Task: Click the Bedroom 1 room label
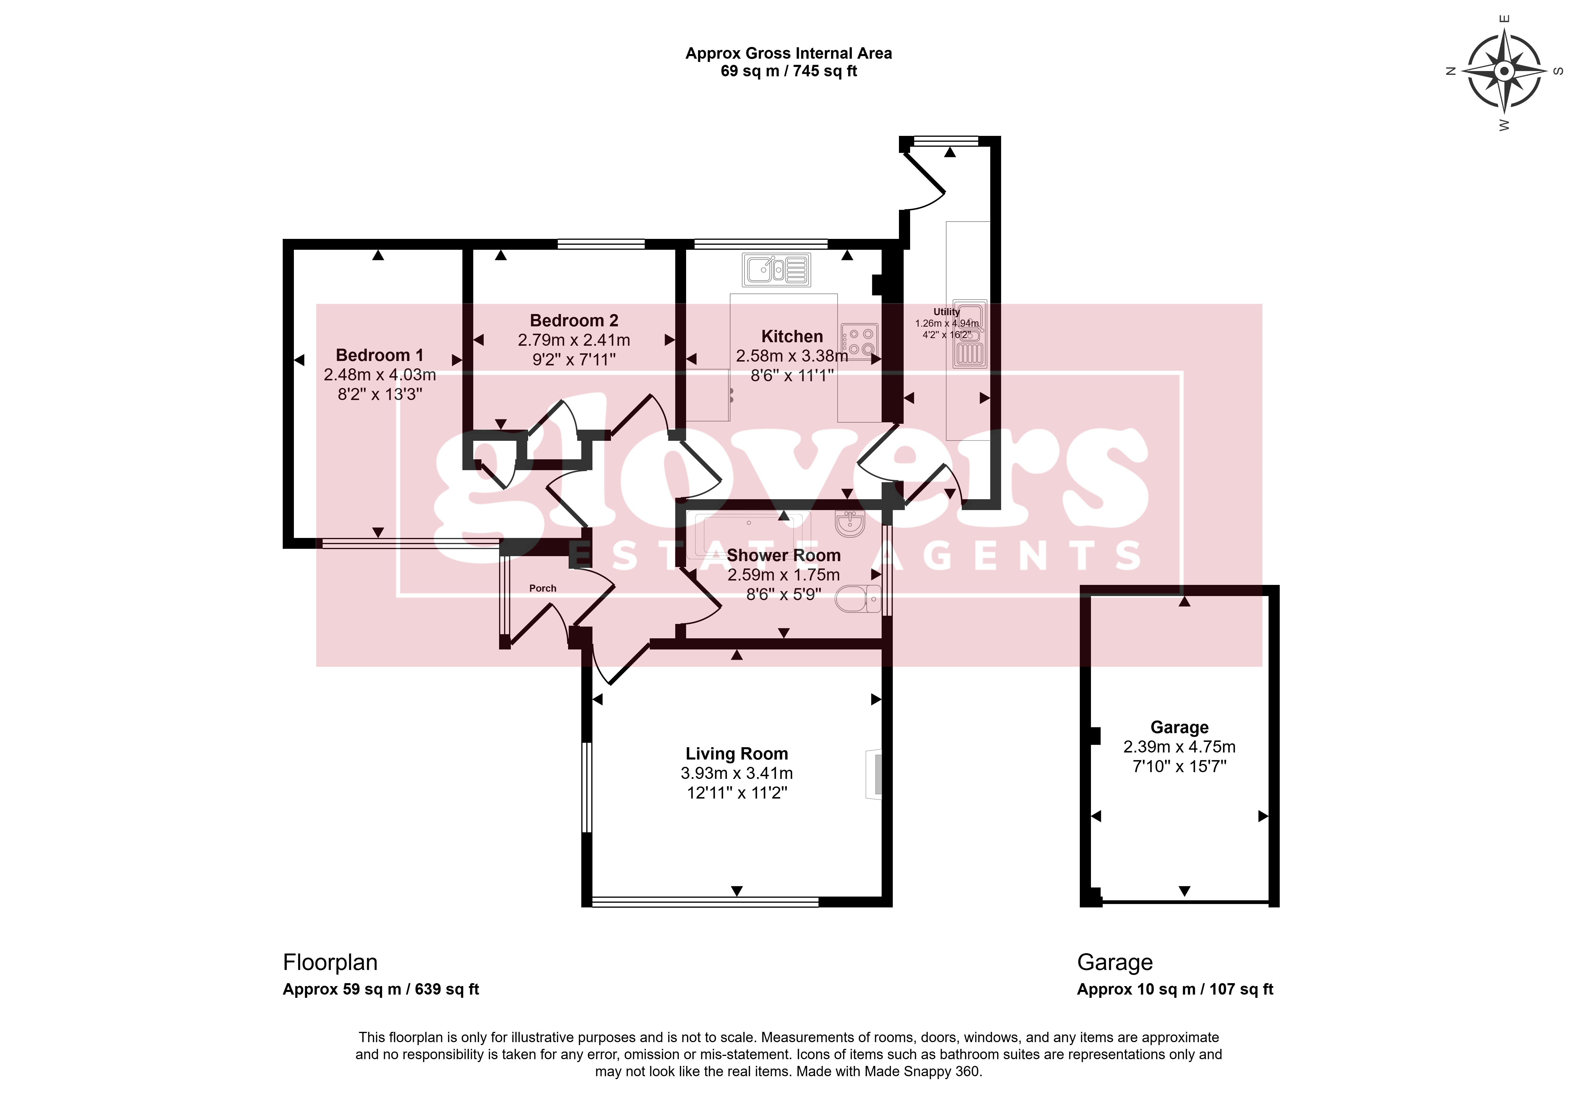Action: [379, 355]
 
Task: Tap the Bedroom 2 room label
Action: [574, 321]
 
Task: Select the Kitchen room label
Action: [792, 337]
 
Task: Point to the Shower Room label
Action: [784, 555]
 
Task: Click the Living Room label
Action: [737, 754]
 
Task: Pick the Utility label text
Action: [947, 312]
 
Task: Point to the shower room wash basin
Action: [850, 524]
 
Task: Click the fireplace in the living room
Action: [873, 774]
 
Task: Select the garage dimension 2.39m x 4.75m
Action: [1179, 747]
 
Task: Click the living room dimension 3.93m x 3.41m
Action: [737, 773]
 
